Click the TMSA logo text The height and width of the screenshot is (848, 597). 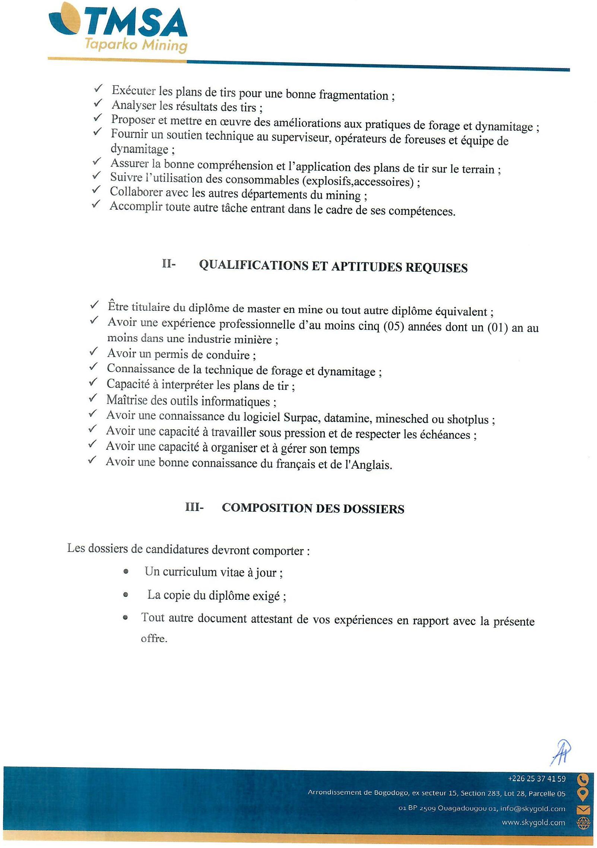pyautogui.click(x=134, y=23)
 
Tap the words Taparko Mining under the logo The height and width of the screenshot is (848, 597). pyautogui.click(x=136, y=45)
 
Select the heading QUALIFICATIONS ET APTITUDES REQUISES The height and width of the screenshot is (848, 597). pyautogui.click(x=333, y=266)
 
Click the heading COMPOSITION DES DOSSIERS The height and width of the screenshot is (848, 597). pyautogui.click(x=313, y=509)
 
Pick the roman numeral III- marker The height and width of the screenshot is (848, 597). pyautogui.click(x=194, y=507)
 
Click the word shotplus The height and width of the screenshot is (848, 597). pyautogui.click(x=467, y=420)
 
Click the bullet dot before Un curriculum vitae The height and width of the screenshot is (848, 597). pyautogui.click(x=126, y=571)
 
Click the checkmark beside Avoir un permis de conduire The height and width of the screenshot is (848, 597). pyautogui.click(x=93, y=351)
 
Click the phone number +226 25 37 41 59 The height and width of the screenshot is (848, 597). pyautogui.click(x=536, y=779)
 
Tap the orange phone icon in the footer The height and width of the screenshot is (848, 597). pyautogui.click(x=582, y=779)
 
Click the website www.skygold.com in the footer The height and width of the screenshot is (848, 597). pyautogui.click(x=533, y=822)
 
